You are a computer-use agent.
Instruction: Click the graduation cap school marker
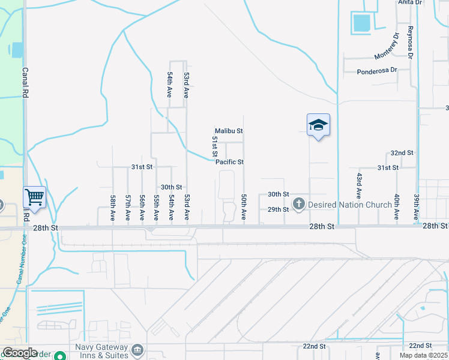(318, 125)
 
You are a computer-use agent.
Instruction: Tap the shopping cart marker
(35, 196)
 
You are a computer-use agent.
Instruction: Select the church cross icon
(298, 205)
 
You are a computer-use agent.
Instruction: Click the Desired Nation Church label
(349, 205)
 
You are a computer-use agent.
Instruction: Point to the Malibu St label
(229, 131)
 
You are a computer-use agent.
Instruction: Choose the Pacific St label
(229, 162)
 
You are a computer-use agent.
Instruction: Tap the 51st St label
(214, 147)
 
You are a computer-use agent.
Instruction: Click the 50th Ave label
(244, 206)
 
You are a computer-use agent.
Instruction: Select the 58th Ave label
(113, 208)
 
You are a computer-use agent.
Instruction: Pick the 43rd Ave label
(358, 186)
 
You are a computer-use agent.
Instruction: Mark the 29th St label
(278, 209)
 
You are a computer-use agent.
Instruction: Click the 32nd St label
(402, 153)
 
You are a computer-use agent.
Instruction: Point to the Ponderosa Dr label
(377, 70)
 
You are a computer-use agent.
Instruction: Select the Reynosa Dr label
(411, 42)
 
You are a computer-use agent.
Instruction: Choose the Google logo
(20, 353)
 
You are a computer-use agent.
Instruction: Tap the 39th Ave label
(416, 206)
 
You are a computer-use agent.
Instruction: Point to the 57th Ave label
(128, 208)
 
